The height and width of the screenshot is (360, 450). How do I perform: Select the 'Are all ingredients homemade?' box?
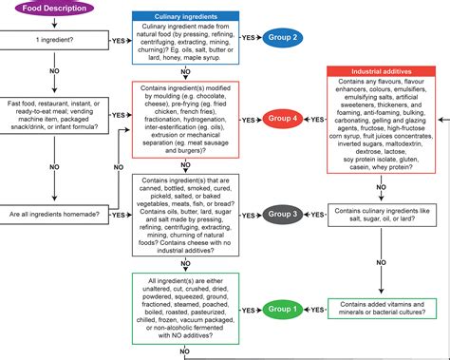point(49,216)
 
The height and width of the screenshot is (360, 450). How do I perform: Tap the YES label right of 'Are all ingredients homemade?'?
point(119,216)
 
